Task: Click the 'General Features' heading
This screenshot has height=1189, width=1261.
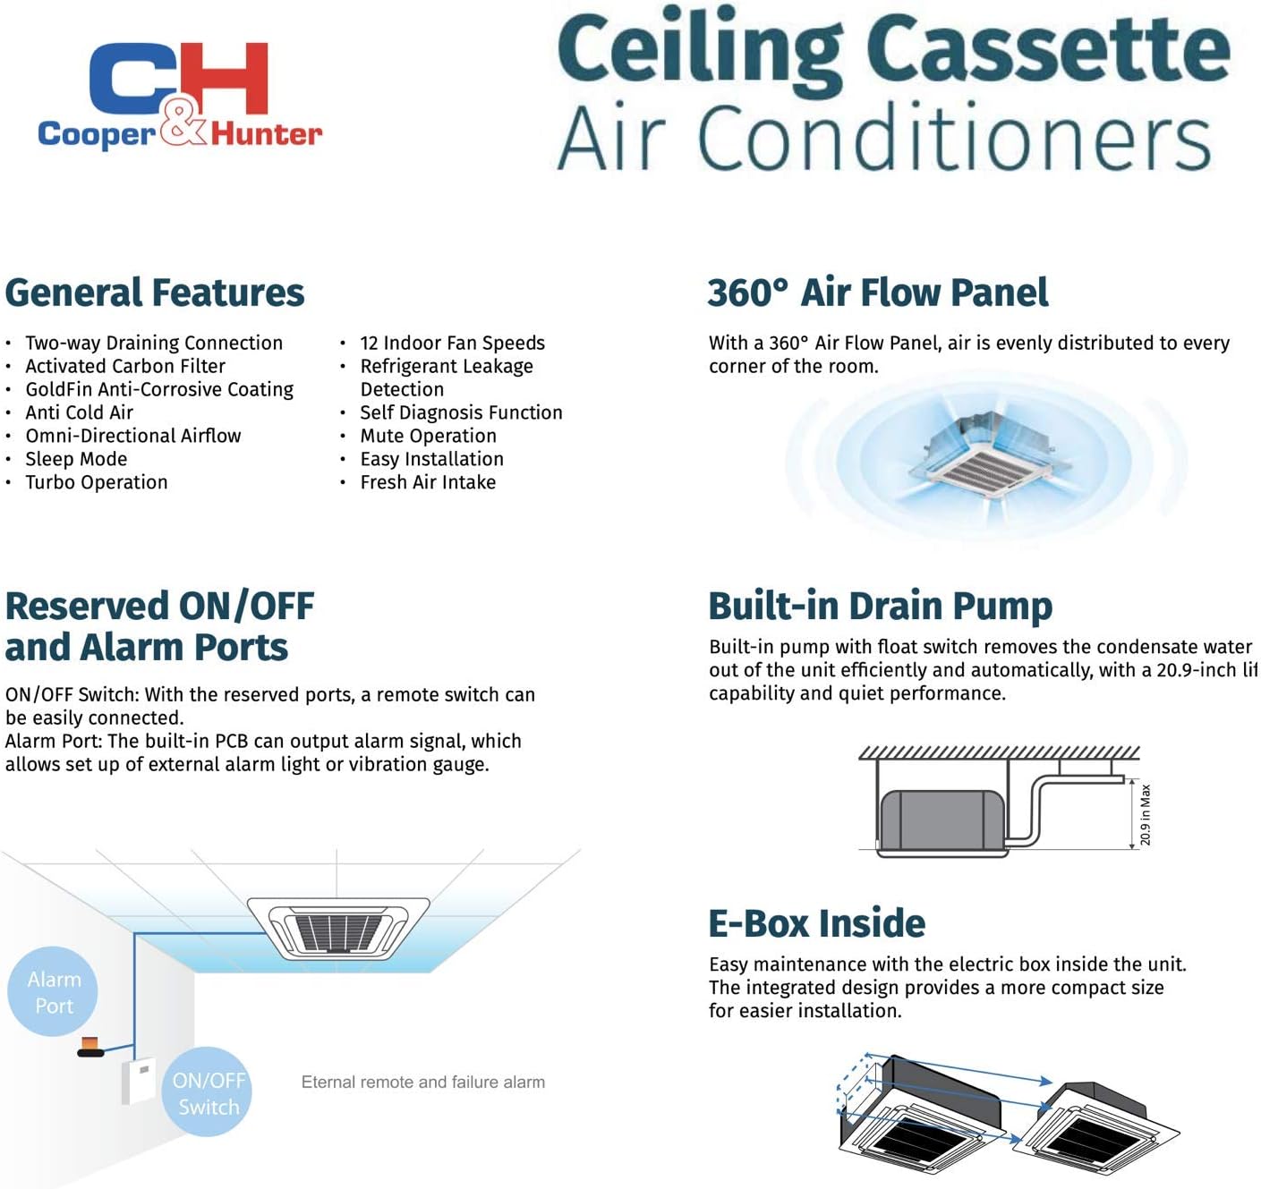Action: coord(155,293)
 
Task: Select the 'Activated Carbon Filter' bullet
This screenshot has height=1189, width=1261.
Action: coord(125,366)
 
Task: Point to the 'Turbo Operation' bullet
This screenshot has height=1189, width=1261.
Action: coord(97,482)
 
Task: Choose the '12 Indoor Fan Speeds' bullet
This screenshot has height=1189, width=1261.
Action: coord(452,343)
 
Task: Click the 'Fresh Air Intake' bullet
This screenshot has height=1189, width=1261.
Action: coord(428,482)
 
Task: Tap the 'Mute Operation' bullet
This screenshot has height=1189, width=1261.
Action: coord(428,436)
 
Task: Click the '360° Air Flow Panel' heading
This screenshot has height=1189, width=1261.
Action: coord(877,293)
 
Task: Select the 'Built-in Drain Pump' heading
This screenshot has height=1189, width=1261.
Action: coord(880,606)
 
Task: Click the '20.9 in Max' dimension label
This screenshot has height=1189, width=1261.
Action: coord(1146,814)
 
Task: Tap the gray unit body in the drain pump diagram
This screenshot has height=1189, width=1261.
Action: coord(941,820)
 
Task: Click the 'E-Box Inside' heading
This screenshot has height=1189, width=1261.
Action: coord(816,923)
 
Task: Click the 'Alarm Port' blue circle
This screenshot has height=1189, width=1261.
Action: coord(54,992)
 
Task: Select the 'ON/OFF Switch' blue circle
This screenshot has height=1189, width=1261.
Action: coord(209,1092)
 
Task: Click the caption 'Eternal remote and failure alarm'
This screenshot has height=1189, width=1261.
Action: coord(422,1082)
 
